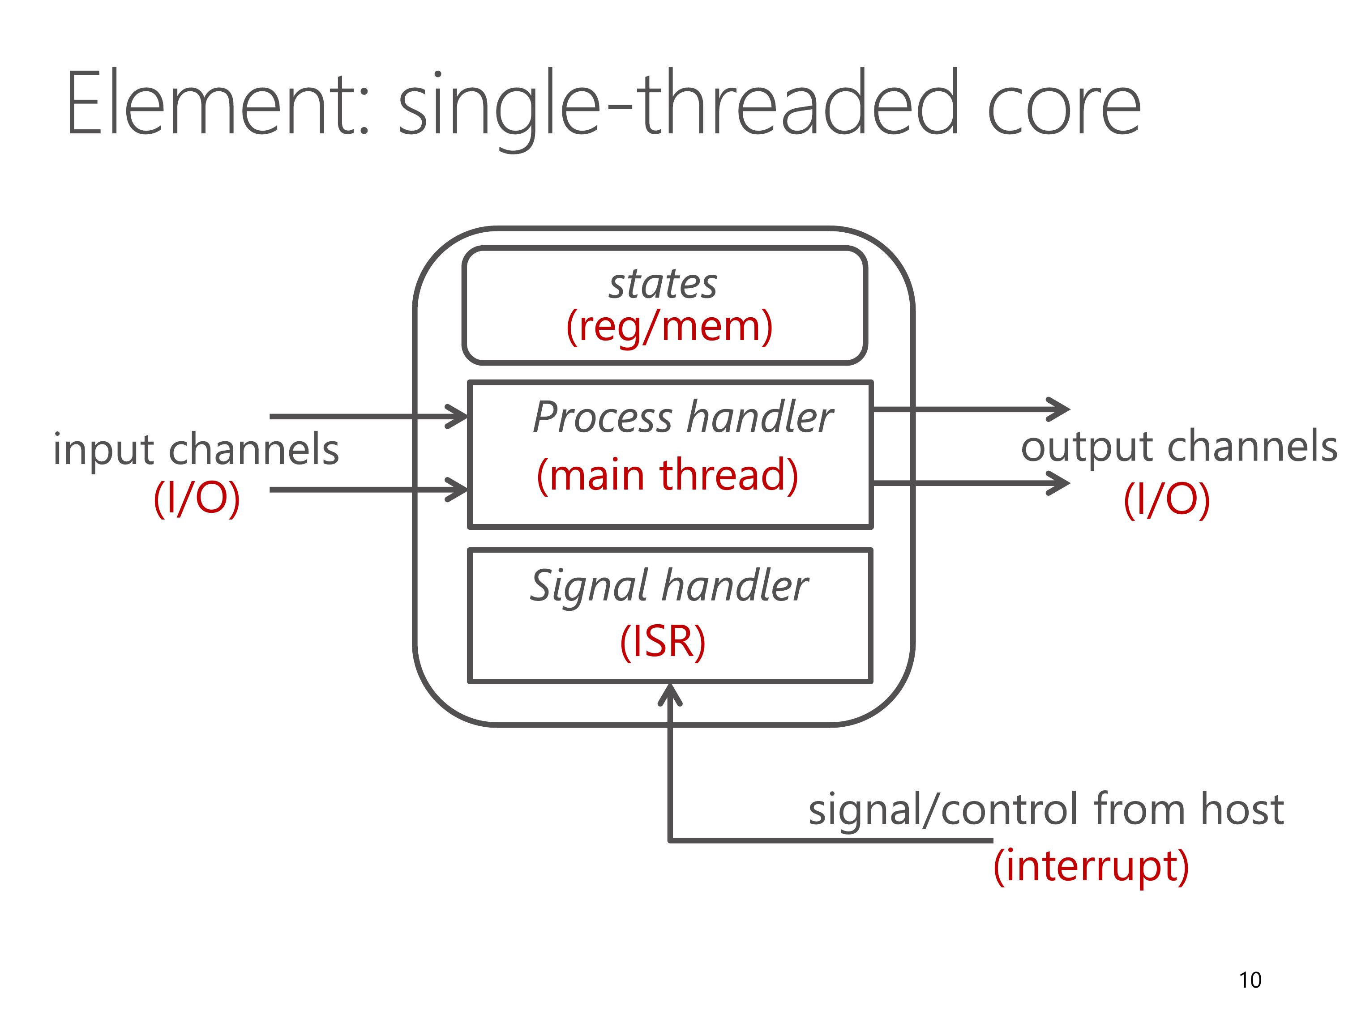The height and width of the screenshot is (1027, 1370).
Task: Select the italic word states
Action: tap(663, 284)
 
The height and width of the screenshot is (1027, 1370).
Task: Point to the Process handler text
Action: tap(682, 417)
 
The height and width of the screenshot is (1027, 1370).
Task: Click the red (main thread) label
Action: tap(668, 475)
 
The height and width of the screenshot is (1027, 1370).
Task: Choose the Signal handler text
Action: tap(669, 586)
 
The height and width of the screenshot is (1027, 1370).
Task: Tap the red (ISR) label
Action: tap(663, 641)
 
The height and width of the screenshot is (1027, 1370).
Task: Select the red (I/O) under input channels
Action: tap(197, 499)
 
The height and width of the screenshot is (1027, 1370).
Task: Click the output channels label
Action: tap(1179, 447)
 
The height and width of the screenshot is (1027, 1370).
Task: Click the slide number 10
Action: tap(1250, 980)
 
